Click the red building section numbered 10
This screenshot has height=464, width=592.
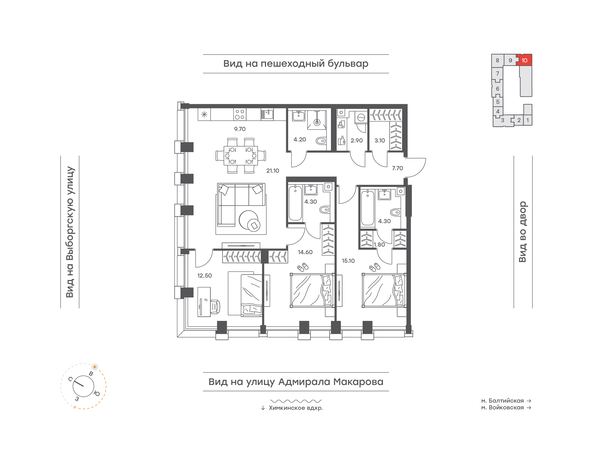click(x=524, y=60)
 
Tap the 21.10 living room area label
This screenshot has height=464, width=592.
click(x=273, y=171)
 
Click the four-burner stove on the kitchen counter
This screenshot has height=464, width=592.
click(x=239, y=114)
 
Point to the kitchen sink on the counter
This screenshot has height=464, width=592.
click(x=267, y=114)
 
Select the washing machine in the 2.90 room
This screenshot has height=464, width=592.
click(x=361, y=118)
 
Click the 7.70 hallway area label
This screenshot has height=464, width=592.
click(x=397, y=168)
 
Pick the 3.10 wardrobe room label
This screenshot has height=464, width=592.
click(x=380, y=140)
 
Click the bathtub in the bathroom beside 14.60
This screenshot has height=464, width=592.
click(x=295, y=203)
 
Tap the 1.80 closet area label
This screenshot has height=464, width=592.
click(x=379, y=245)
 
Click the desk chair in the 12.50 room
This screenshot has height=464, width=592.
click(x=215, y=307)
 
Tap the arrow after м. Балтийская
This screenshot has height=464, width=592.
click(x=529, y=401)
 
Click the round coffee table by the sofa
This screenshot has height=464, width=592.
click(x=249, y=220)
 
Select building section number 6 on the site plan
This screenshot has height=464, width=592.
click(x=497, y=88)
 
